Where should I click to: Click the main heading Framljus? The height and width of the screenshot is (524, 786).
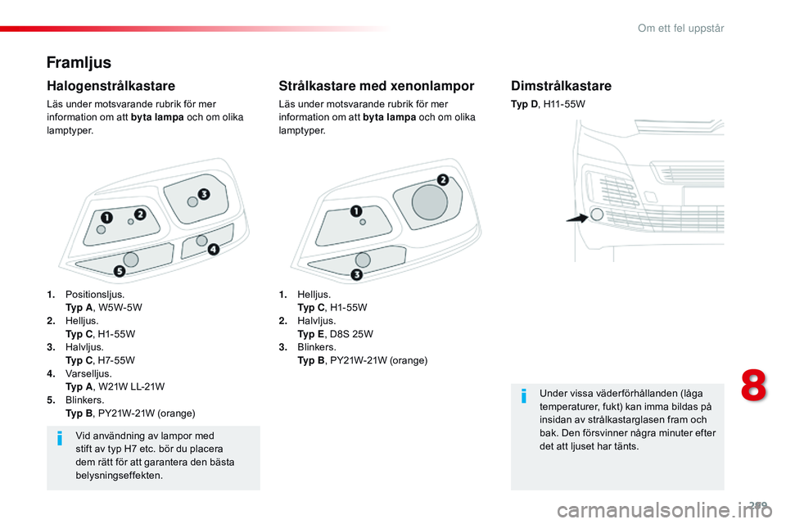[x=79, y=62]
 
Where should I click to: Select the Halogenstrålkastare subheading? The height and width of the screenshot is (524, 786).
[x=111, y=85]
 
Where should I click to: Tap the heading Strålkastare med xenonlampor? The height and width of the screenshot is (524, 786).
[x=376, y=85]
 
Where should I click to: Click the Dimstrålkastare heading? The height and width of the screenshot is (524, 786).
[x=561, y=85]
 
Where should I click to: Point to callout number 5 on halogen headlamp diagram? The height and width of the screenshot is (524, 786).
[x=120, y=270]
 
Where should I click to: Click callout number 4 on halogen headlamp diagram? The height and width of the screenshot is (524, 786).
[x=213, y=249]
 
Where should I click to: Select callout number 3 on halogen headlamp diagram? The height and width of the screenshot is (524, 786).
[x=203, y=194]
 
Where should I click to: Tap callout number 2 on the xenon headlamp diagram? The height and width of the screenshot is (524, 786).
[x=442, y=179]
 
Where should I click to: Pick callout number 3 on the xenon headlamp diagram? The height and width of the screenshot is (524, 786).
[x=356, y=273]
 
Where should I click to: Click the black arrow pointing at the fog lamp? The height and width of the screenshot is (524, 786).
[x=576, y=218]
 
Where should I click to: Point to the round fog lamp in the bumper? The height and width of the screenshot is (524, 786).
[x=597, y=214]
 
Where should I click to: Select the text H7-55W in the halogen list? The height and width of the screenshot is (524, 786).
[x=115, y=360]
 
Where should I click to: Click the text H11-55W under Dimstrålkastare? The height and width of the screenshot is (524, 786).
[x=564, y=105]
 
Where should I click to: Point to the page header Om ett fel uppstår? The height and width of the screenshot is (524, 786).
[x=680, y=28]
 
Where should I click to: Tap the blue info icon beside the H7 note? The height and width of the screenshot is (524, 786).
[x=60, y=441]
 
